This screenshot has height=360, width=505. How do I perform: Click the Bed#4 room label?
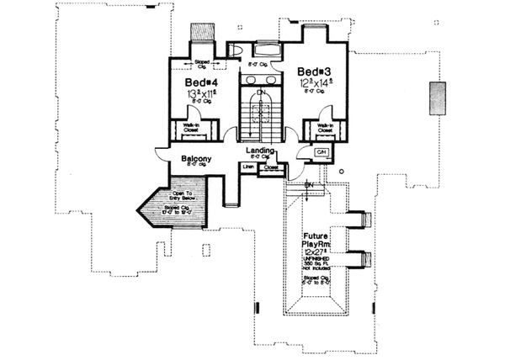tap(198, 82)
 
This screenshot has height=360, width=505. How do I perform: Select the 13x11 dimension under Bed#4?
tap(198, 98)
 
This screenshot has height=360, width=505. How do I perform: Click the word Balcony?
tap(195, 159)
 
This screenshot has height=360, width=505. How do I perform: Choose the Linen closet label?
tap(248, 167)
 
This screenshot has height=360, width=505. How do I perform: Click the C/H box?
tap(321, 151)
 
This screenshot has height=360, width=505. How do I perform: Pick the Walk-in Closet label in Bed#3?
tap(321, 129)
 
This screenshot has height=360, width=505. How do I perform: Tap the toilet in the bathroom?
tap(237, 50)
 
